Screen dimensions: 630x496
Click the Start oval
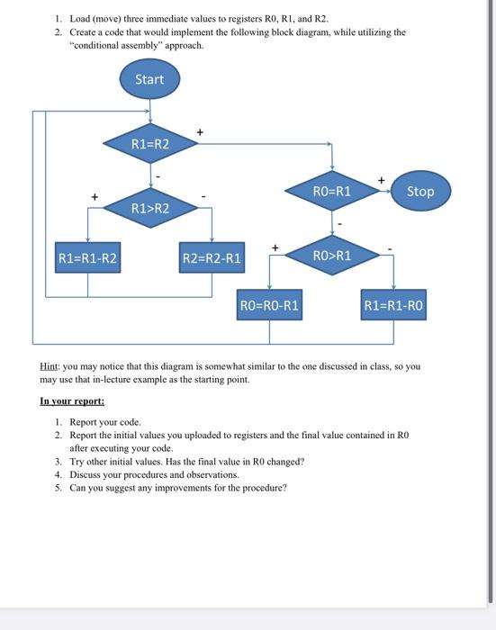149,79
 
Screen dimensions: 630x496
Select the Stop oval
419,191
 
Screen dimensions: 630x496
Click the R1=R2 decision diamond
149,143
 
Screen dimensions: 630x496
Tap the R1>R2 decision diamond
149,209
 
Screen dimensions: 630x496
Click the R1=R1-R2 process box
87,258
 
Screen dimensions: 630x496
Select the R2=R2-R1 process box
212,258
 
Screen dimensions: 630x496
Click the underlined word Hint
50,367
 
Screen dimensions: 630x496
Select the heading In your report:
72,400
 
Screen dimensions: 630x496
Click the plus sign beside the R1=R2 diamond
200,133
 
